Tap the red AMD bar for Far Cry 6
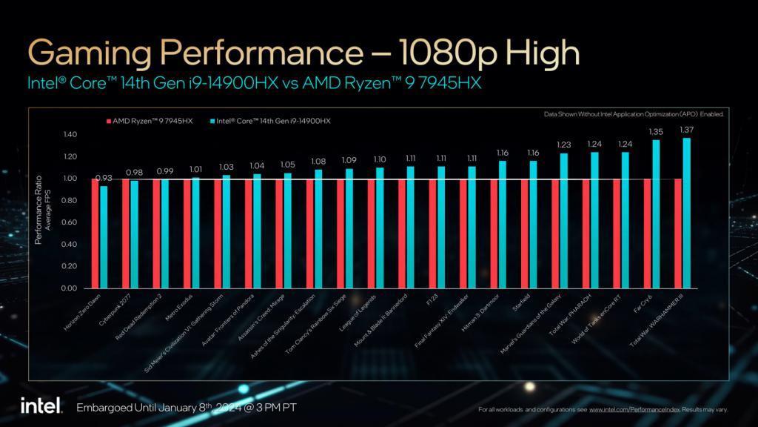point(648,233)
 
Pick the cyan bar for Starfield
point(533,224)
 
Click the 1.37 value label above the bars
point(686,130)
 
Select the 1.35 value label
point(656,132)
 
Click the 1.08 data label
point(318,162)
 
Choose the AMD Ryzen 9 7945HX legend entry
point(149,121)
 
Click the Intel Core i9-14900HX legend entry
point(270,121)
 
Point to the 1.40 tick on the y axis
point(70,135)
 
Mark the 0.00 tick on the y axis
point(70,288)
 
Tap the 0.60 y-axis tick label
point(70,222)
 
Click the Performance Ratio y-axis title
point(38,211)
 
